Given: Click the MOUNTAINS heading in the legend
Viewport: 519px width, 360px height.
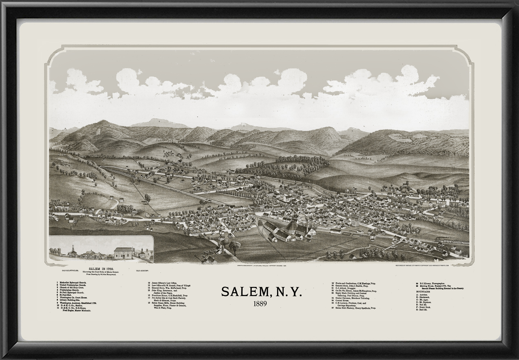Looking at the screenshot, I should (x=423, y=292).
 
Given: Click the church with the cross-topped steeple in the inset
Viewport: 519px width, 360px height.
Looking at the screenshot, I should (x=72, y=252).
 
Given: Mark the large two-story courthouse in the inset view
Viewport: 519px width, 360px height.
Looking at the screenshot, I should (x=124, y=253).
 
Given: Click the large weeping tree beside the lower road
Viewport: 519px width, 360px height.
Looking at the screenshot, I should (x=235, y=246).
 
